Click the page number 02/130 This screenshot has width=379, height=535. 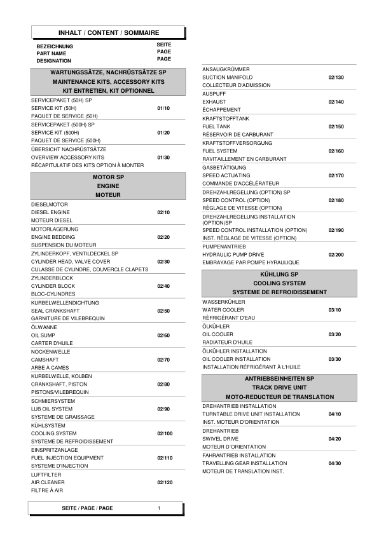[336, 78]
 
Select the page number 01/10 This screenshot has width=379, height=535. [163, 109]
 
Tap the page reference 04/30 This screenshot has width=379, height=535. [334, 463]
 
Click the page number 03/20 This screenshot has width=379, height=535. [334, 334]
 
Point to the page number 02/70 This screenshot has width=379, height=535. [163, 360]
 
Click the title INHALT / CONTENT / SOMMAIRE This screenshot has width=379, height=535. [109, 32]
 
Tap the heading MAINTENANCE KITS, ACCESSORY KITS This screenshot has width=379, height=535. [108, 83]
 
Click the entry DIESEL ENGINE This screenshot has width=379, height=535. [51, 212]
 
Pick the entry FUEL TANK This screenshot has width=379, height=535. [216, 126]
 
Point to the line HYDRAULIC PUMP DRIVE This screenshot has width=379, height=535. [233, 254]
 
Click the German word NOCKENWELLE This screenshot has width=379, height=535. [51, 351]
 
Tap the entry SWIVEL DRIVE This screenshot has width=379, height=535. [220, 439]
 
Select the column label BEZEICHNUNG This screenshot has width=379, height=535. [55, 46]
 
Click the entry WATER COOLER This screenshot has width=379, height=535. [223, 309]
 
